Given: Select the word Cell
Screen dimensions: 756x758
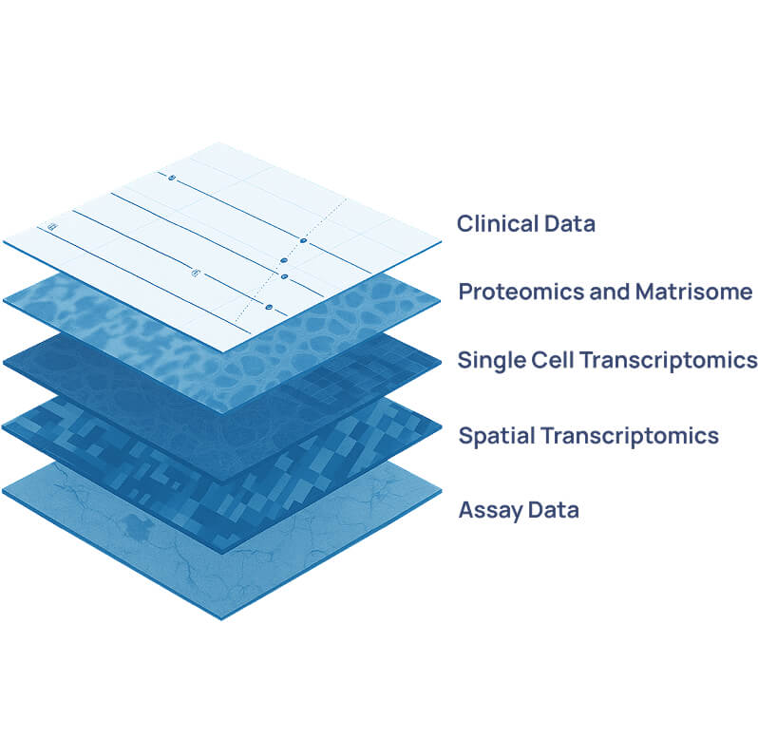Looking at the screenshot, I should pyautogui.click(x=553, y=361).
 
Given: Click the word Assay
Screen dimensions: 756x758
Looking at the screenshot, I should pyautogui.click(x=490, y=510).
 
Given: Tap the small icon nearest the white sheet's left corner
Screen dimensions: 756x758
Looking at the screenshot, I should pyautogui.click(x=52, y=228).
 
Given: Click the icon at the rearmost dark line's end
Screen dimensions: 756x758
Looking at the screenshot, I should pyautogui.click(x=172, y=178).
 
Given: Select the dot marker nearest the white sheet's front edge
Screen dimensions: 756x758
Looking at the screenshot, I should pyautogui.click(x=269, y=308).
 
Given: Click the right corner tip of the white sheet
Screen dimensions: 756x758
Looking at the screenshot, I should pyautogui.click(x=440, y=243).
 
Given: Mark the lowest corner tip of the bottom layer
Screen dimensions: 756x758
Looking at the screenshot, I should pyautogui.click(x=222, y=618).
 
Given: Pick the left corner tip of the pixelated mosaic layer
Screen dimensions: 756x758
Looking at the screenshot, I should pyautogui.click(x=4, y=426).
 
